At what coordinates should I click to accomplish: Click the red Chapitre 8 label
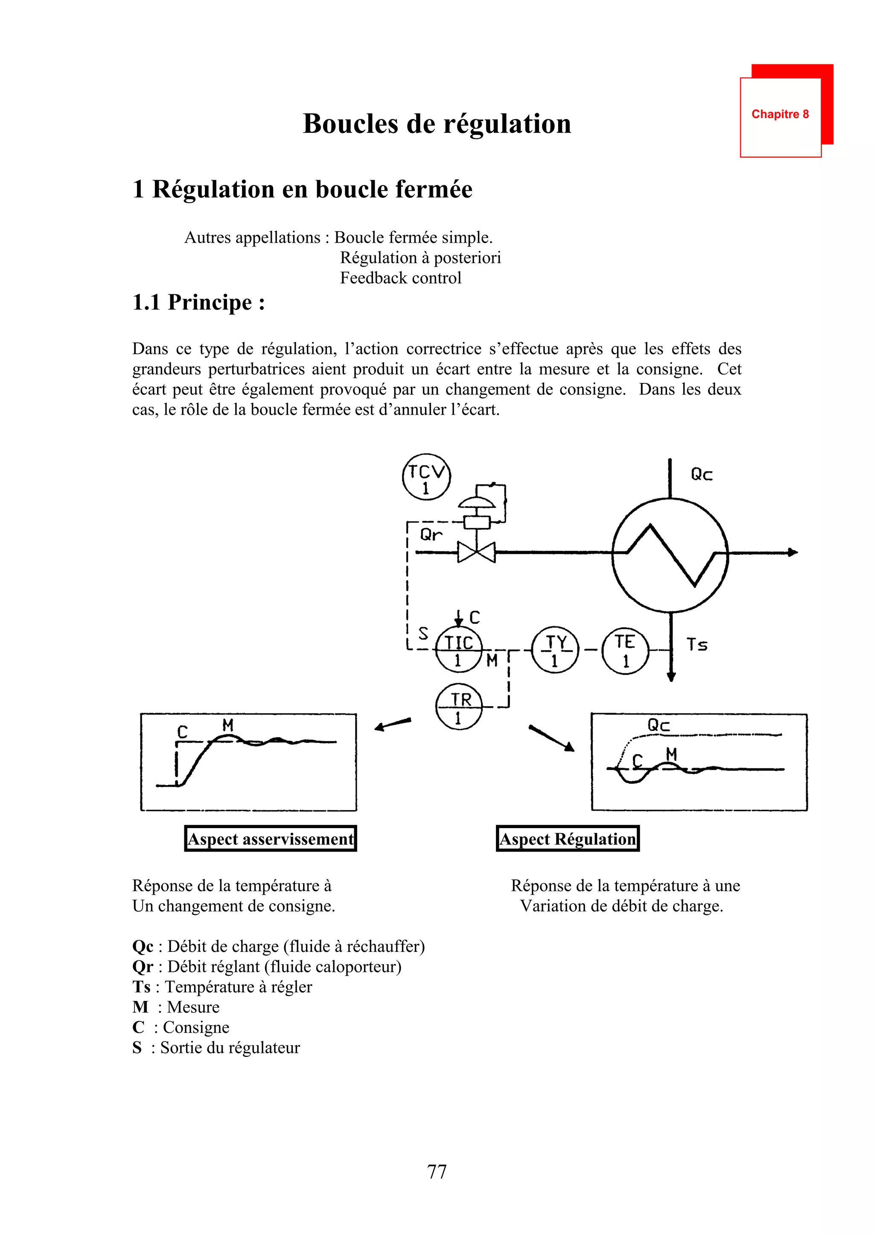[x=780, y=114]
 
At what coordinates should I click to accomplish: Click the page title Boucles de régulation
[x=437, y=124]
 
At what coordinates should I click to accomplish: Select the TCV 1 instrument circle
[x=426, y=477]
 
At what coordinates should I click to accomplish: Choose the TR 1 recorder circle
[x=458, y=707]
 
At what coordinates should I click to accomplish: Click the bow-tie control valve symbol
[x=476, y=552]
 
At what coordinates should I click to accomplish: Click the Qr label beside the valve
[x=431, y=535]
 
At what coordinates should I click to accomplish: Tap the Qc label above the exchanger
[x=701, y=474]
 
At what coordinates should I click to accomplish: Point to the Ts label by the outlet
[x=697, y=644]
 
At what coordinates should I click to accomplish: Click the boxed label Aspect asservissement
[x=271, y=838]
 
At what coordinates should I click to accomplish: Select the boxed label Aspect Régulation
[x=568, y=838]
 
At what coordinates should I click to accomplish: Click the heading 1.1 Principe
[x=198, y=302]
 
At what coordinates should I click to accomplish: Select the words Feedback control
[x=400, y=278]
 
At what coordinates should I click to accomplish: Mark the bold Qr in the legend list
[x=143, y=967]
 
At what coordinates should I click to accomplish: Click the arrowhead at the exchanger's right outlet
[x=793, y=552]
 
